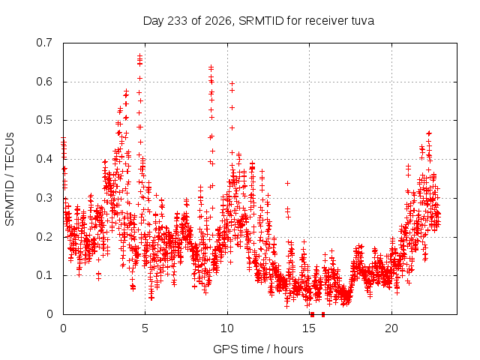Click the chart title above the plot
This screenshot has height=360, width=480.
[x=258, y=21]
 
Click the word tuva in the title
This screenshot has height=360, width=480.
[x=362, y=21]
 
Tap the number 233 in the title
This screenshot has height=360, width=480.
[x=178, y=21]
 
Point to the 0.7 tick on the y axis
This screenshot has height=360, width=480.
[x=44, y=43]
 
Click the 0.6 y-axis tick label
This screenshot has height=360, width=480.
[x=44, y=82]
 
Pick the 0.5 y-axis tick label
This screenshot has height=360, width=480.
[x=44, y=120]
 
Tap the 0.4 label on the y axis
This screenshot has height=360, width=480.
[x=44, y=159]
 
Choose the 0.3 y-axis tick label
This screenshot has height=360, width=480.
[x=44, y=198]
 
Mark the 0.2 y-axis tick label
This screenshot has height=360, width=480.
[x=44, y=237]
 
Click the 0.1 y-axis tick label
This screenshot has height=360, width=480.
[x=44, y=275]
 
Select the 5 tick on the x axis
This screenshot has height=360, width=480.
[x=145, y=328]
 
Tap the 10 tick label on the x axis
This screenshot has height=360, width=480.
[x=226, y=328]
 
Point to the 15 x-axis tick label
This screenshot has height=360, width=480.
[x=309, y=328]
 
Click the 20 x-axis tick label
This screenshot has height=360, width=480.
[x=391, y=328]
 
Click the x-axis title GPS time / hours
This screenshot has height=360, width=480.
[x=258, y=349]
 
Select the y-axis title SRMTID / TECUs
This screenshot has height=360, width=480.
[x=10, y=179]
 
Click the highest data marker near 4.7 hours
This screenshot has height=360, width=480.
[x=139, y=55]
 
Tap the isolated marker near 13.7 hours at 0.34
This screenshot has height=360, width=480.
[x=287, y=183]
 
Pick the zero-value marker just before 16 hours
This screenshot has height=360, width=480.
[x=323, y=314]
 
